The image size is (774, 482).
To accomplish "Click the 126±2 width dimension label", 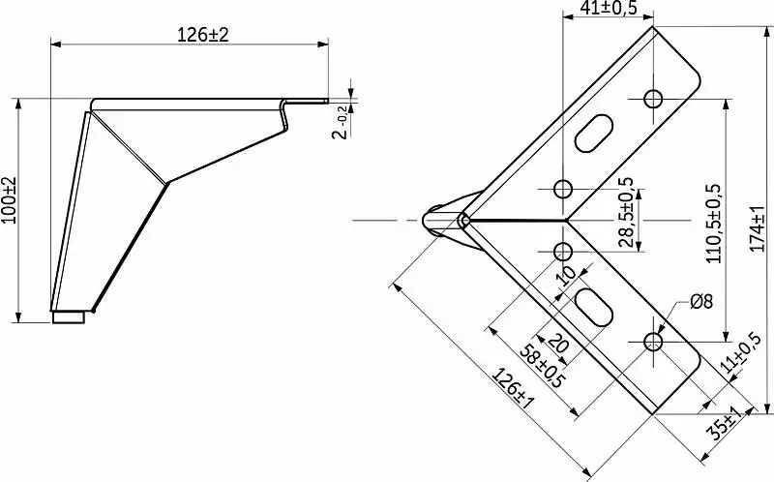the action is [x=203, y=35].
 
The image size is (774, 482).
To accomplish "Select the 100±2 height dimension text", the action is [x=9, y=200].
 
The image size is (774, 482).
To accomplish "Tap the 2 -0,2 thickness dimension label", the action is [x=342, y=123].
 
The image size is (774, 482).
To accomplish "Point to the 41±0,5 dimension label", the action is [x=609, y=8].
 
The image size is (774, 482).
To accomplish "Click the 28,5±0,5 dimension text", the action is [x=625, y=212].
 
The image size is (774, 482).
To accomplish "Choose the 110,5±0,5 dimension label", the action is [x=714, y=224].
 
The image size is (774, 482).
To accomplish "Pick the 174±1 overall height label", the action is [x=758, y=228].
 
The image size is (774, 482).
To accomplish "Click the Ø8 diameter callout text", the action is [x=701, y=301].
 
